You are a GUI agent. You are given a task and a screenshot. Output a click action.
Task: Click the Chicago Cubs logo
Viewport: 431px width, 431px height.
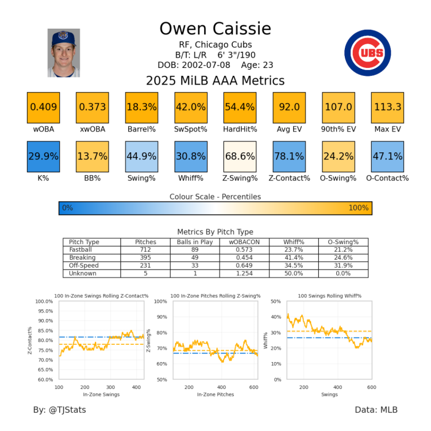[x=367, y=52]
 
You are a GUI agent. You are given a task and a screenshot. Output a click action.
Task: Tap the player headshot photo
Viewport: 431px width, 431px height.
[x=64, y=53]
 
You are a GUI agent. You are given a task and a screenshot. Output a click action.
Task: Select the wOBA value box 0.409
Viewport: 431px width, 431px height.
[x=43, y=107]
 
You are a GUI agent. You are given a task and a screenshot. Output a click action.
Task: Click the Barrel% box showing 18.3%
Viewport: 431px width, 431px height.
[x=141, y=107]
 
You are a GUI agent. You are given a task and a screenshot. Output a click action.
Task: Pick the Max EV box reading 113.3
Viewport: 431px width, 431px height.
[x=387, y=107]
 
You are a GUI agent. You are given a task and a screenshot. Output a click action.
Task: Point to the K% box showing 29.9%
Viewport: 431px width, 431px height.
[x=43, y=156]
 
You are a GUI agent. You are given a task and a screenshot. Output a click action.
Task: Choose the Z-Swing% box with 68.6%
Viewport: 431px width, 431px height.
[x=240, y=156]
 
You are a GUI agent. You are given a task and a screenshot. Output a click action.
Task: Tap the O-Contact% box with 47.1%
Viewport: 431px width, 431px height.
[x=387, y=156]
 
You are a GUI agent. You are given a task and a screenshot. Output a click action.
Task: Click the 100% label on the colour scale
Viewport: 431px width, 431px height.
[x=358, y=208]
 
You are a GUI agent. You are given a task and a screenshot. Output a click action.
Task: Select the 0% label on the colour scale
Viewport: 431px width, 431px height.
[x=67, y=208]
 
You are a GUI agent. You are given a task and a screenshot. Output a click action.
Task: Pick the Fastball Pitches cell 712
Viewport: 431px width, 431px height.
[x=145, y=250]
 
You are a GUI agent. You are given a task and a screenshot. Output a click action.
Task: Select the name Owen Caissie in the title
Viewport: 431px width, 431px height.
[x=215, y=29]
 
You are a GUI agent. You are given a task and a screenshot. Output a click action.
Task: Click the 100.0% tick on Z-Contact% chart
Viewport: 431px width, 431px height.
[x=45, y=301]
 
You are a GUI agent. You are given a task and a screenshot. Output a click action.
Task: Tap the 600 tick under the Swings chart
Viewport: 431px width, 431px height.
[x=371, y=387]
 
